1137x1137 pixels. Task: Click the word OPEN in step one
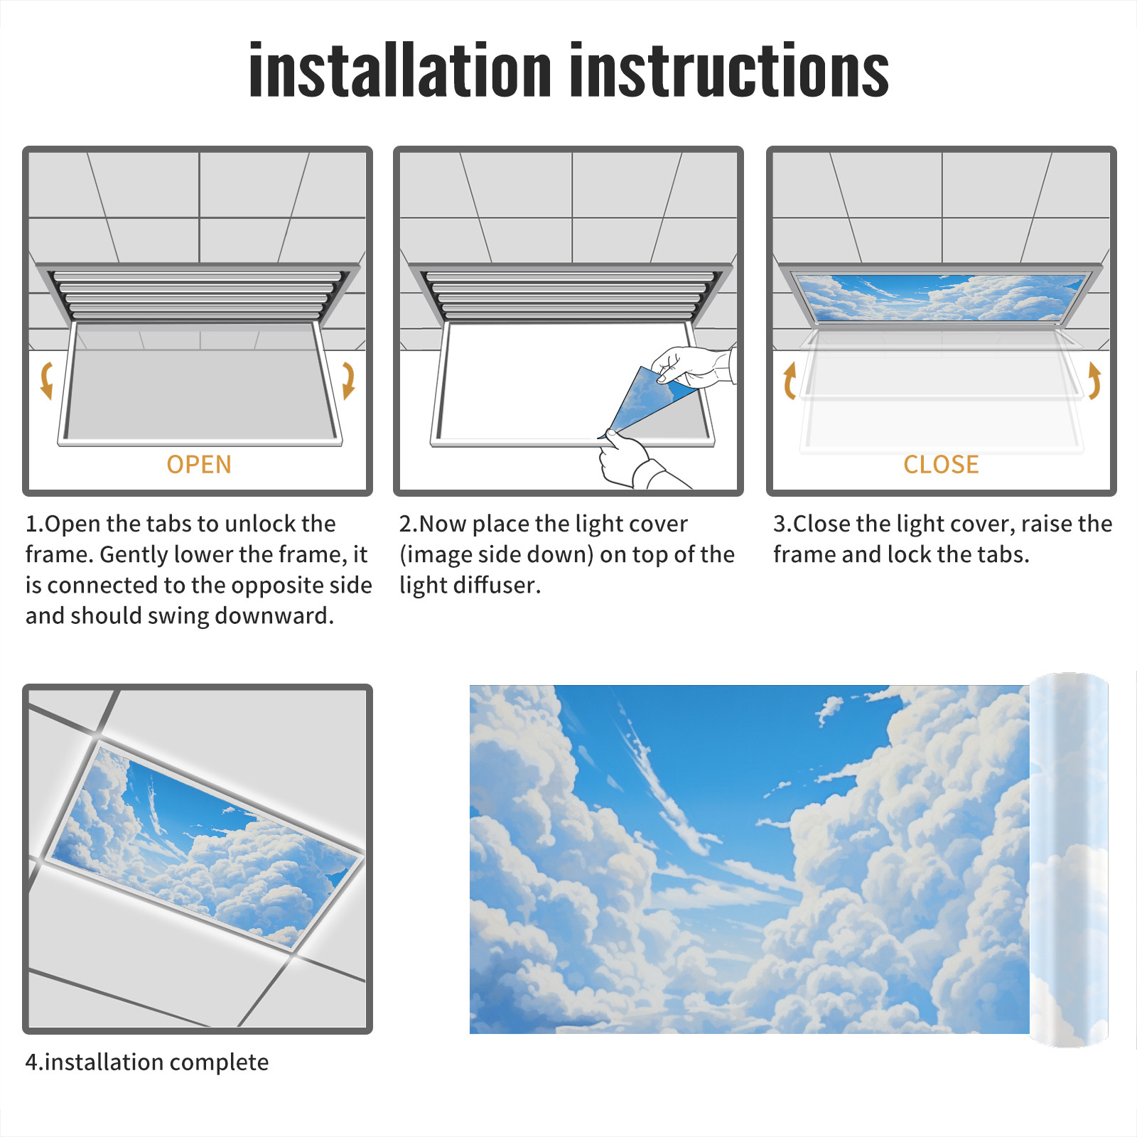199,464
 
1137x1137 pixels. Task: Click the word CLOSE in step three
941,464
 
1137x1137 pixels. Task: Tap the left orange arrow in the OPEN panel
47,380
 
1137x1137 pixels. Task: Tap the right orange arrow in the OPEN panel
348,380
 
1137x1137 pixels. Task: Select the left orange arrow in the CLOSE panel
790,380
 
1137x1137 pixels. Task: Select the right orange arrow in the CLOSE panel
1094,380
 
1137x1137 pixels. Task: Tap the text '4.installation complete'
147,1062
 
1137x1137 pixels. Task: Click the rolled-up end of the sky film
1069,860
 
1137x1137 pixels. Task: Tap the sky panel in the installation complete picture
205,846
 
